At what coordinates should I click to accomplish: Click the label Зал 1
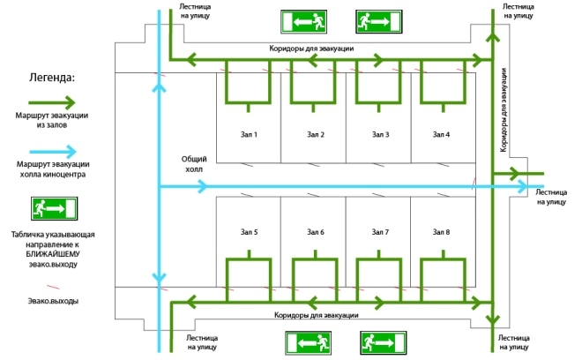click(x=249, y=134)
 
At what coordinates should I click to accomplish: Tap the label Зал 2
click(x=316, y=134)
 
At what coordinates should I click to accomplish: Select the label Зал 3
click(x=380, y=134)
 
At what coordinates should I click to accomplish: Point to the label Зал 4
click(x=442, y=134)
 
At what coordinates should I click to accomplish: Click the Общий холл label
click(x=192, y=163)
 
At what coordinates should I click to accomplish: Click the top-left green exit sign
click(x=305, y=20)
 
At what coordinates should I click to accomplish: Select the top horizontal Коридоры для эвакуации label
click(x=312, y=48)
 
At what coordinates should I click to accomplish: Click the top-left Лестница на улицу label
click(x=196, y=10)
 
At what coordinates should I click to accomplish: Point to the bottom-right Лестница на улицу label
click(x=519, y=342)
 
